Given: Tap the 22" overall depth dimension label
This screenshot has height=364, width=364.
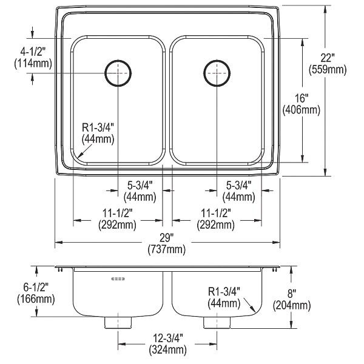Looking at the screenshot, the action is [x=328, y=58].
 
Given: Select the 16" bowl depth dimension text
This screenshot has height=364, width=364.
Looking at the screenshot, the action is [x=301, y=98].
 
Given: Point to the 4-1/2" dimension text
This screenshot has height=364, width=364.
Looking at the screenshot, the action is [x=32, y=52].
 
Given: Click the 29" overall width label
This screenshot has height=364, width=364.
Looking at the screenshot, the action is [x=167, y=238].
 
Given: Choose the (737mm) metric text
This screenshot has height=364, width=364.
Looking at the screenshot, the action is [x=167, y=249].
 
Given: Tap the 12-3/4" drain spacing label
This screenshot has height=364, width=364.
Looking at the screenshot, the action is [x=167, y=338].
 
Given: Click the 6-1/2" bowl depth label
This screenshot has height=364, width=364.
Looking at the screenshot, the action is [x=36, y=288].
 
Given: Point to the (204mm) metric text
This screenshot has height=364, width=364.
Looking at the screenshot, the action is [x=292, y=305].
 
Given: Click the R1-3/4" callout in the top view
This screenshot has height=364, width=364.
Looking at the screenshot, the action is [x=98, y=127].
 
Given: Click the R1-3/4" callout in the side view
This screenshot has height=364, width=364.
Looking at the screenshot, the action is [x=224, y=292].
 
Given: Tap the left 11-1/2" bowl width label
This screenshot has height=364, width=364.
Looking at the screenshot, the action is [x=117, y=213].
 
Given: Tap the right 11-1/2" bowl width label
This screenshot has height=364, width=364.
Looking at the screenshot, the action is [x=215, y=213].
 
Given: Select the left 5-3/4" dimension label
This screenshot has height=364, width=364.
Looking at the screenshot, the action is [x=140, y=185].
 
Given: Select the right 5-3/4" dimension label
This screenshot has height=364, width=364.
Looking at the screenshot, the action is [x=238, y=185].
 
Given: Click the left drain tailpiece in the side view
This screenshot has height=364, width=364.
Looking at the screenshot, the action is [x=118, y=323].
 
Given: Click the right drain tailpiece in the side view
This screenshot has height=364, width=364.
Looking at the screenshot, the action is [x=217, y=323].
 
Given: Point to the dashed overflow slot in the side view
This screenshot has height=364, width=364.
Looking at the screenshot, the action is [x=118, y=278].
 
